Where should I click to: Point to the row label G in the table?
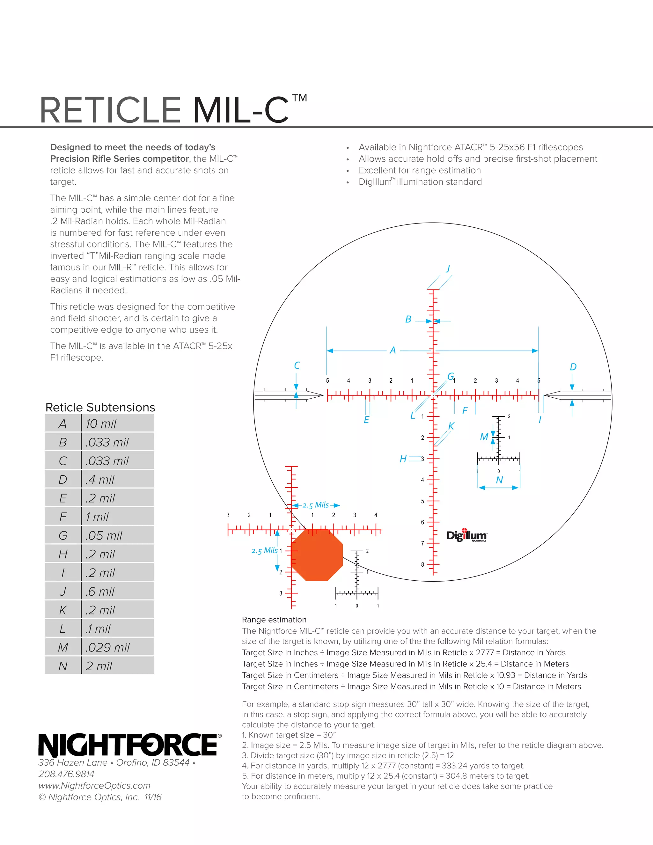point(63,535)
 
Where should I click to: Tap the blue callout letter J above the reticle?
point(448,268)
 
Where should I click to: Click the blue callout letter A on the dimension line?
point(393,350)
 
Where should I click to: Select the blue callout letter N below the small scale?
point(499,480)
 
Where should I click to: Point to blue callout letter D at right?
point(573,367)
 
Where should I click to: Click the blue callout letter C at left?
point(297,365)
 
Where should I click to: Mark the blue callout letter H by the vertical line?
point(403,459)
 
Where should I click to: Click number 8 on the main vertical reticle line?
point(422,564)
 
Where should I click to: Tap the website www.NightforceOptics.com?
point(94,785)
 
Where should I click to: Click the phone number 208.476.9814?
point(66,774)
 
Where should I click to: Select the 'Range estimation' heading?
point(274,620)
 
